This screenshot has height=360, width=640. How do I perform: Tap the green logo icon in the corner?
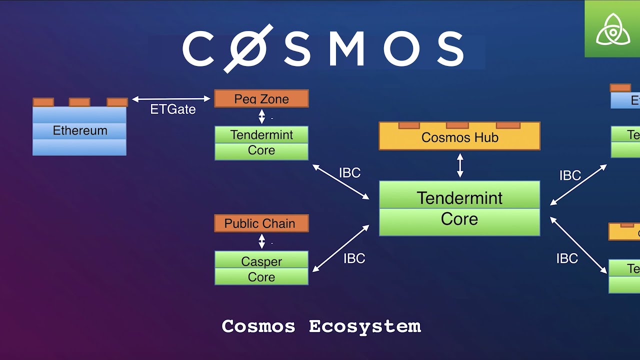[x=612, y=28]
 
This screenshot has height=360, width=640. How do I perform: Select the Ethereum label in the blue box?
[x=80, y=130]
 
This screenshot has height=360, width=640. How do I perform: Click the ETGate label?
[x=172, y=109]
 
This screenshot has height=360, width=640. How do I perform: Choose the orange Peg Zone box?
[x=261, y=98]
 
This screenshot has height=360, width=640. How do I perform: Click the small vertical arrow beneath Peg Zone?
[x=261, y=117]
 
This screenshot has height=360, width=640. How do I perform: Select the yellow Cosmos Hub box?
[x=459, y=137]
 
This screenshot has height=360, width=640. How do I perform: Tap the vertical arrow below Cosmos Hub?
[x=460, y=165]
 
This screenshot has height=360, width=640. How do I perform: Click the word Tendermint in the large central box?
[x=459, y=198]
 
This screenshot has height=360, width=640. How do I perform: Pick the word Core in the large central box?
[x=459, y=219]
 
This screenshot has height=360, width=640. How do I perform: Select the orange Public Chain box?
[x=261, y=223]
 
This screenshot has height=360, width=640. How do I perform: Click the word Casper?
[x=261, y=261]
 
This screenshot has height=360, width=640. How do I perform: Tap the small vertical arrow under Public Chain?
[x=261, y=241]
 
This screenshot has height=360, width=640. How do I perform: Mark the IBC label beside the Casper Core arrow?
[x=354, y=258]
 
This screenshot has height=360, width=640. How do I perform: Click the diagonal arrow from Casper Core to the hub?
[x=340, y=248]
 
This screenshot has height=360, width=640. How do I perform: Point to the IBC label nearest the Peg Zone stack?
[x=349, y=173]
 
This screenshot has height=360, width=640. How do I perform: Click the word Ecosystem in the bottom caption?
[x=364, y=326]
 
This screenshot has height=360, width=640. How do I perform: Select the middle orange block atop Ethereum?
[x=79, y=102]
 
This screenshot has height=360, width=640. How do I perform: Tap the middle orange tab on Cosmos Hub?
[x=457, y=125]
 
